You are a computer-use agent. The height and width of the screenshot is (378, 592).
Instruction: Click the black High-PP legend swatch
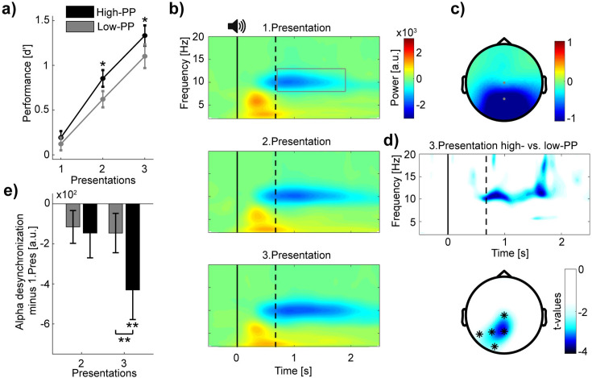click(80, 12)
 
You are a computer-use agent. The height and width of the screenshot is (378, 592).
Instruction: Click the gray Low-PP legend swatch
click(80, 27)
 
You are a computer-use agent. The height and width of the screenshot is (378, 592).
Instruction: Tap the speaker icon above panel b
click(237, 27)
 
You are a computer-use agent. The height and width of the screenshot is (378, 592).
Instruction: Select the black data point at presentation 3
click(145, 36)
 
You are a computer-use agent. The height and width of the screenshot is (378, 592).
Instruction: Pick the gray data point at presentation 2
click(103, 99)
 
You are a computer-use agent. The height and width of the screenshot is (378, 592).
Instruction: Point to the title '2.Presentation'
click(296, 142)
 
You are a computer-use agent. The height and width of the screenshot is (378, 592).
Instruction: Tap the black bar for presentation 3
click(133, 247)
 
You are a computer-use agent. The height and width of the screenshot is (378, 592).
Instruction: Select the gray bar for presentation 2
click(72, 215)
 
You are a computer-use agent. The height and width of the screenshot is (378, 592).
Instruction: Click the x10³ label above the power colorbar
click(406, 32)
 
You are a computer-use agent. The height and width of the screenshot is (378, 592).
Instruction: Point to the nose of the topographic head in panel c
click(503, 40)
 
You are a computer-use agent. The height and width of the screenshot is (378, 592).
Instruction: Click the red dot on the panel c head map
click(503, 83)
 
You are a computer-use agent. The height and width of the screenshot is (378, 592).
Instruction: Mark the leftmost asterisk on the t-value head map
click(479, 334)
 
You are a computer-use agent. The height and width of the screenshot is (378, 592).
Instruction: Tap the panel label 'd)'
click(391, 141)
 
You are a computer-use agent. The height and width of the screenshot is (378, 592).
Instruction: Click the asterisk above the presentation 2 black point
click(102, 64)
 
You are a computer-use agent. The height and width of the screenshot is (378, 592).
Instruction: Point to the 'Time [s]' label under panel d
click(510, 253)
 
